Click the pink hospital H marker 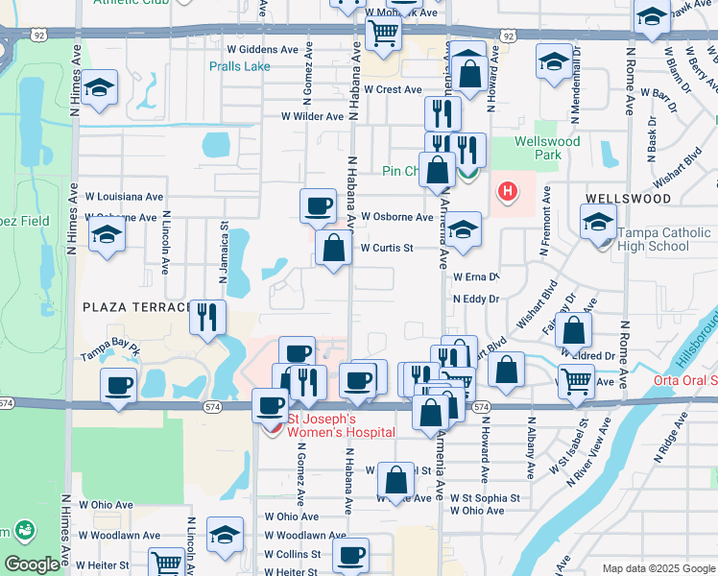coord(507,192)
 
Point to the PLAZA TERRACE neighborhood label coord(137,307)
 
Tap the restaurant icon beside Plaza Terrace coord(207,316)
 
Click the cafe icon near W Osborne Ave coord(318,204)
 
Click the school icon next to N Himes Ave coord(99,88)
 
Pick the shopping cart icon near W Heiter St coord(167,563)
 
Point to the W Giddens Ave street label coord(262,49)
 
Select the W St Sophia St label coord(477,498)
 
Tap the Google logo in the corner coord(32,564)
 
